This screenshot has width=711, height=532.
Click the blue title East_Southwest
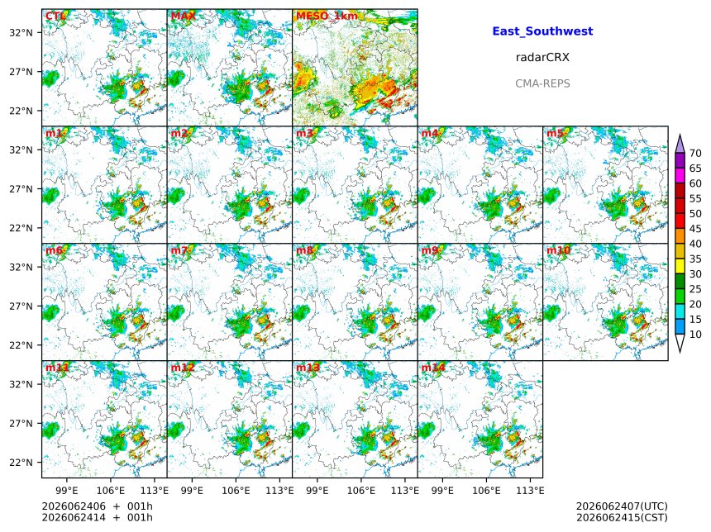coord(542,31)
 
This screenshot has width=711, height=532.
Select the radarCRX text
coord(542,58)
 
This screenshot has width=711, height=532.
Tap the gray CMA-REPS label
coord(542,83)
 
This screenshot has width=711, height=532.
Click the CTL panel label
coord(55,17)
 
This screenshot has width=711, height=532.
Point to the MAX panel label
coord(184,17)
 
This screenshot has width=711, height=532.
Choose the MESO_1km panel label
coord(327,17)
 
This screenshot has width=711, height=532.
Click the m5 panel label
coord(555,133)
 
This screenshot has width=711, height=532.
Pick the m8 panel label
coord(304,250)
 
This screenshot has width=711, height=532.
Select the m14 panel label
coord(433,368)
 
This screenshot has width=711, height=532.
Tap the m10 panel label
coord(558,250)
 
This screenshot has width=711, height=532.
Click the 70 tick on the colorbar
coord(695,154)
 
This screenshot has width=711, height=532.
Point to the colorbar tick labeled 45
coord(695,229)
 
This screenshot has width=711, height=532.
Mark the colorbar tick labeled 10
coord(695,335)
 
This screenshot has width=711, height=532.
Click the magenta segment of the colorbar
coord(680,176)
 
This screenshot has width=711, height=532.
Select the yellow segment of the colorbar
coord(680,267)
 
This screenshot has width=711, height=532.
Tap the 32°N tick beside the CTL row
coord(21,32)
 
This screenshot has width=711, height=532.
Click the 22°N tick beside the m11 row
coord(21,463)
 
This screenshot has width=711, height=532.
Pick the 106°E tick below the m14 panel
coord(487,491)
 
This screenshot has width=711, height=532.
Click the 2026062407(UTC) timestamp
coord(622,506)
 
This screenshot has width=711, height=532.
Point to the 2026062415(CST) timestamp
coord(622,517)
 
